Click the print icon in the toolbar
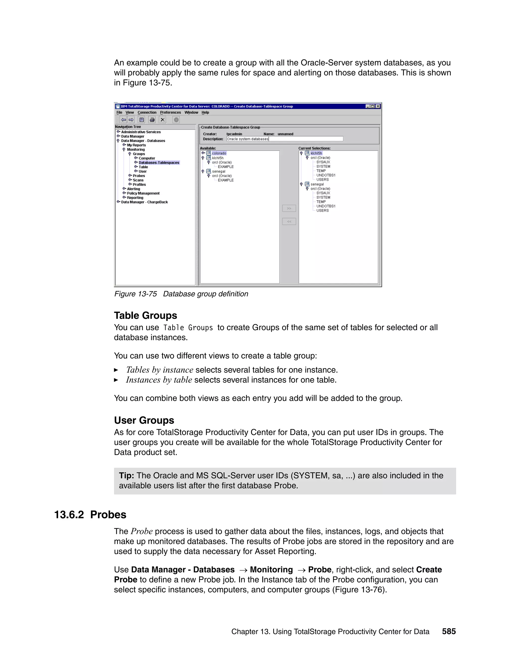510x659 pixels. (x=152, y=120)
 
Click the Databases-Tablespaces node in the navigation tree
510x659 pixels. (x=159, y=163)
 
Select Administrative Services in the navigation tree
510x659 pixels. (x=141, y=132)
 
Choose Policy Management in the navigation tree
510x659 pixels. (x=143, y=193)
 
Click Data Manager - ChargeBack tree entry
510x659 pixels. (x=144, y=202)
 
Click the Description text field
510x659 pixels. (x=285, y=139)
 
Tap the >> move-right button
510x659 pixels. (x=289, y=208)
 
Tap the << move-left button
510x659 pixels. (x=289, y=222)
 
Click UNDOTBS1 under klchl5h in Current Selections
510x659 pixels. (x=326, y=175)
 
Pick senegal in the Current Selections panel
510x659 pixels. (x=317, y=184)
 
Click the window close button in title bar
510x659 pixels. (x=378, y=106)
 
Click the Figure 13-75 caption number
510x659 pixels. (x=135, y=294)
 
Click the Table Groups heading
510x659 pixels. (x=145, y=315)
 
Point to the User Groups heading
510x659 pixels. (x=144, y=420)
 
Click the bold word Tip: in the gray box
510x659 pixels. (x=126, y=475)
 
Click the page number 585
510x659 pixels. (x=449, y=631)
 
